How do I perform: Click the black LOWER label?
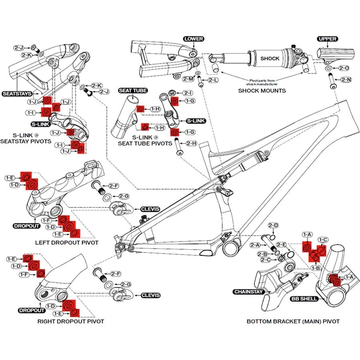pyautogui.click(x=194, y=39)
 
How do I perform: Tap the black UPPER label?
pyautogui.click(x=327, y=39)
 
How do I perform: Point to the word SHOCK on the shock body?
pyautogui.click(x=270, y=58)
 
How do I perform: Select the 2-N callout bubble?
pyautogui.click(x=346, y=80)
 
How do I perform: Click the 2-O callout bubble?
pyautogui.click(x=344, y=68)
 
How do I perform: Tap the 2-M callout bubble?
pyautogui.click(x=188, y=79)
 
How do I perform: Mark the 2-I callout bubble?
pyautogui.click(x=188, y=93)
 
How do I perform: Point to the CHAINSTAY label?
pyautogui.click(x=248, y=292)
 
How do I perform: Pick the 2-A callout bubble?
pyautogui.click(x=255, y=244)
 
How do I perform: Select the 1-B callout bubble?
pyautogui.click(x=316, y=268)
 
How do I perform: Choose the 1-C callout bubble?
pyautogui.click(x=323, y=240)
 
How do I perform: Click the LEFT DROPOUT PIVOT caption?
pyautogui.click(x=66, y=242)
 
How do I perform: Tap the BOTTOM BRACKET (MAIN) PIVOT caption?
pyautogui.click(x=293, y=321)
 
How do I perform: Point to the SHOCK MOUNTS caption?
pyautogui.click(x=262, y=90)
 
